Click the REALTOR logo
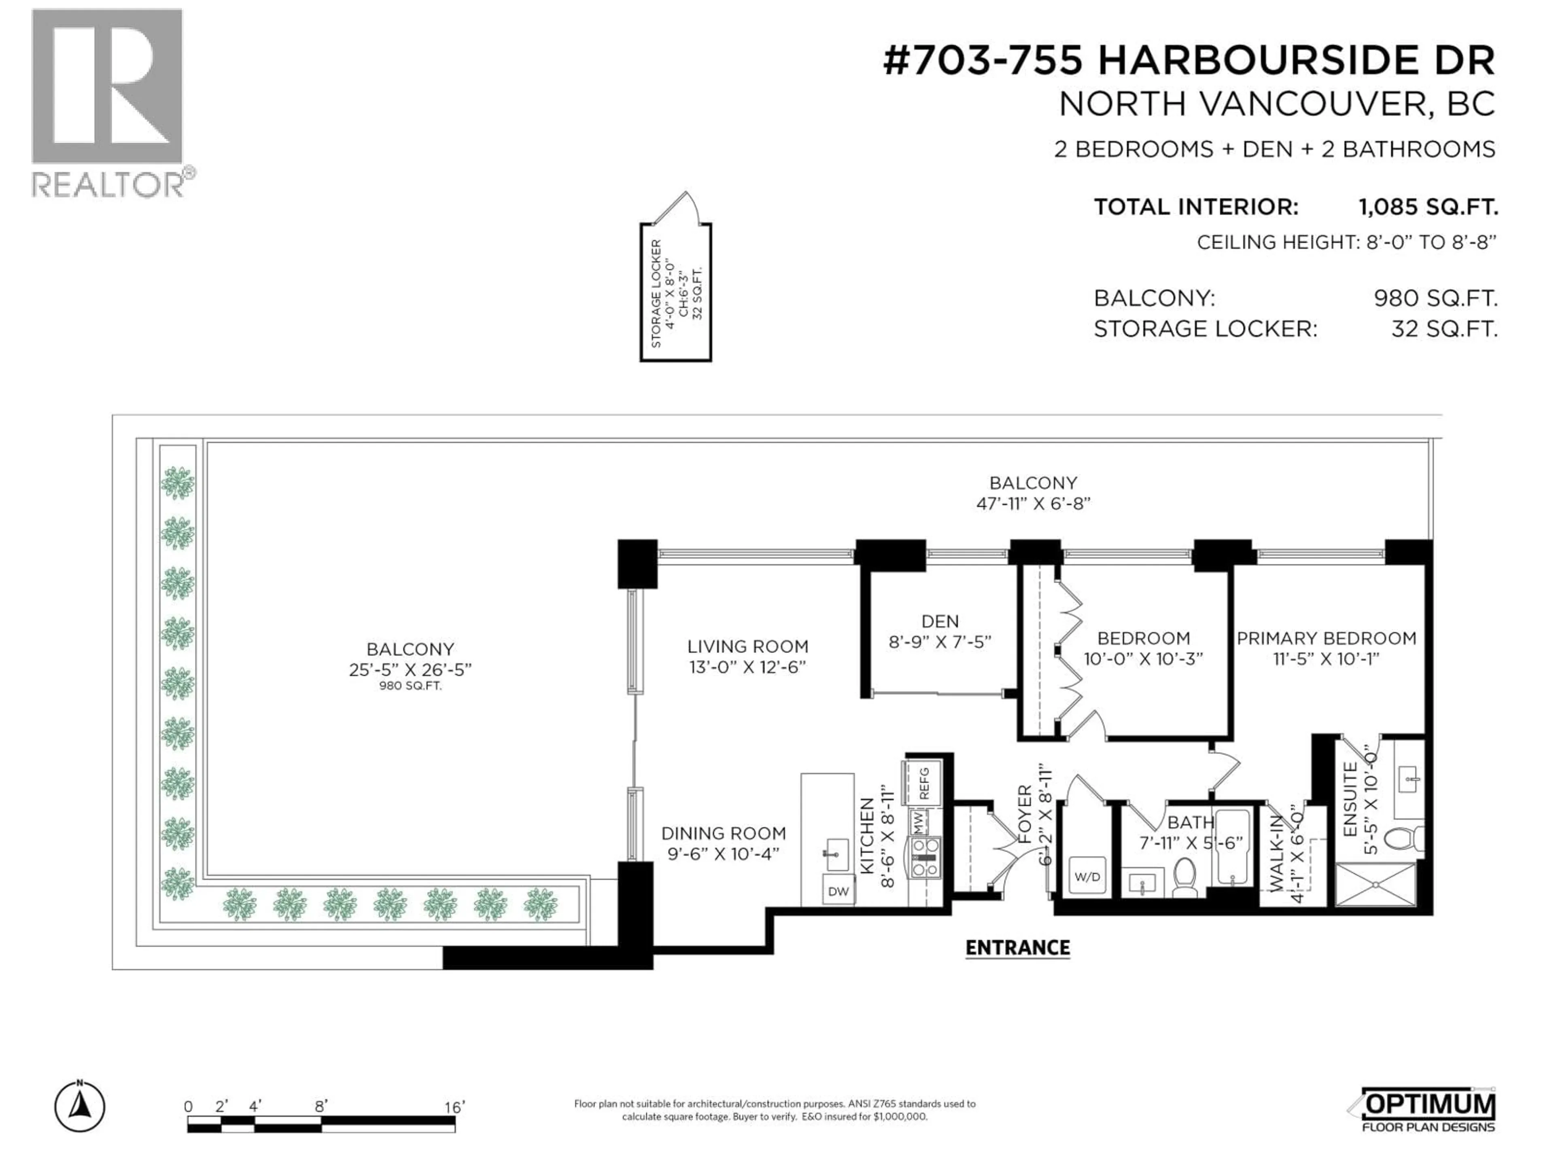coord(109,102)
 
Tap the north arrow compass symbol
coord(80,1108)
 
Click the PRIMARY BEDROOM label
coord(1326,638)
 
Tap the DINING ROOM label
coord(723,834)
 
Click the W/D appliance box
coord(1087,877)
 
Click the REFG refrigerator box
coord(924,783)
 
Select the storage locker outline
coord(675,291)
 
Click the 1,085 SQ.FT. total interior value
coord(1428,207)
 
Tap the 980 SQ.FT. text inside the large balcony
coord(410,686)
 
